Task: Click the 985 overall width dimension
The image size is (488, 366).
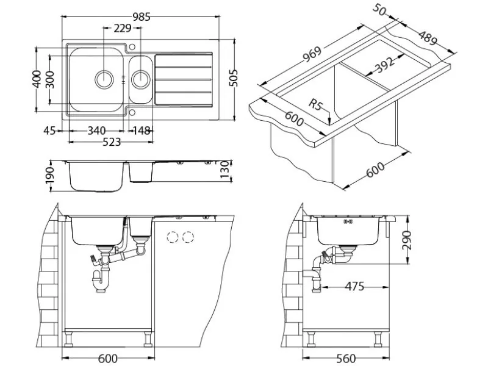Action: pos(142,17)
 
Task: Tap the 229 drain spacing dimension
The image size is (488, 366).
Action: pos(123,28)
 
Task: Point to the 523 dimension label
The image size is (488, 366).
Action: pos(112,142)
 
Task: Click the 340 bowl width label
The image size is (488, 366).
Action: pos(96,131)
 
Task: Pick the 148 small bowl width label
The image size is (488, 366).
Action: pos(142,131)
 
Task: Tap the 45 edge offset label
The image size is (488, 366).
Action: pos(49,131)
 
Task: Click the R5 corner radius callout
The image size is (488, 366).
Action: pos(315,104)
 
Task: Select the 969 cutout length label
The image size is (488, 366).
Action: pos(312,55)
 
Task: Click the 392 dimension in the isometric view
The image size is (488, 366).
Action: pos(385,65)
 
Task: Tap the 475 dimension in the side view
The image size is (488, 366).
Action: pos(354,286)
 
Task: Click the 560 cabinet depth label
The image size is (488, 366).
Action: pos(346,359)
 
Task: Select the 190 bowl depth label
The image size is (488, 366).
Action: pos(50,176)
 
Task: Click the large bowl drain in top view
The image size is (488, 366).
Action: pos(104,79)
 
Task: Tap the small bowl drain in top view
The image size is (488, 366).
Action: pos(142,79)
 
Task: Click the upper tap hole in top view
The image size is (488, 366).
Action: pos(132,47)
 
